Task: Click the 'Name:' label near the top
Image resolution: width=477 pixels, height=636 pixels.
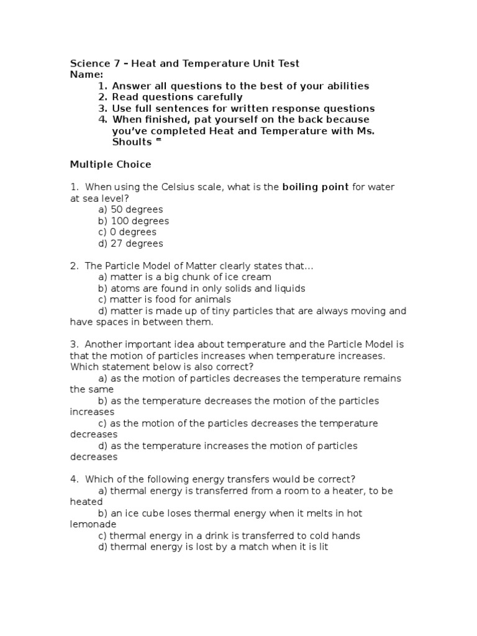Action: [86, 75]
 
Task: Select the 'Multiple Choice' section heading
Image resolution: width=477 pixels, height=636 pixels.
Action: [110, 165]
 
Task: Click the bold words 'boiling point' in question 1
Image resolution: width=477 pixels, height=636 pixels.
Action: [316, 187]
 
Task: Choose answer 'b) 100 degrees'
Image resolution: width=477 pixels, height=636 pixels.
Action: [133, 220]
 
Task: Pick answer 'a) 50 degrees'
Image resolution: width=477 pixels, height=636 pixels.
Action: [130, 209]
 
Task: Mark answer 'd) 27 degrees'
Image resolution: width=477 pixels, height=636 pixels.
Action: [130, 243]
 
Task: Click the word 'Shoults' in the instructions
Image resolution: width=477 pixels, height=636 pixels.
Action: [132, 142]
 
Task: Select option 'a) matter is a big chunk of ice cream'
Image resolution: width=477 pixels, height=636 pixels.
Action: [184, 277]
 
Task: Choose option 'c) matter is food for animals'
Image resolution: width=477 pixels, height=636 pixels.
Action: [165, 299]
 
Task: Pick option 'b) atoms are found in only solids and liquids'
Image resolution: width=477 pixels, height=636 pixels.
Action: [201, 288]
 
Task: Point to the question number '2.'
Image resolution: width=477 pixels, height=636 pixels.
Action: [74, 266]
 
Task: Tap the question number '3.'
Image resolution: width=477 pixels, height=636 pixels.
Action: [74, 344]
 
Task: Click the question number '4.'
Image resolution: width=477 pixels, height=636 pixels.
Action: [74, 479]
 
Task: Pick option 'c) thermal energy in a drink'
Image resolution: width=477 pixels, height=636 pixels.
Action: [229, 535]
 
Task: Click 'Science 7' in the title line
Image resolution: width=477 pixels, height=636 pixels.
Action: [89, 63]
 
